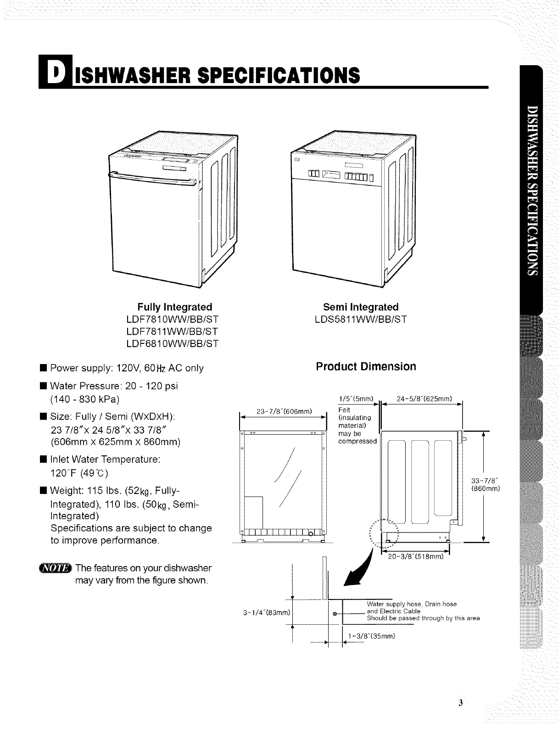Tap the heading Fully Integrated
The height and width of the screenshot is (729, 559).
pyautogui.click(x=175, y=307)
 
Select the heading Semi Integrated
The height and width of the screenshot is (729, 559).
pyautogui.click(x=361, y=307)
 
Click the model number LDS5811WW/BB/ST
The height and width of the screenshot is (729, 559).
pyautogui.click(x=361, y=319)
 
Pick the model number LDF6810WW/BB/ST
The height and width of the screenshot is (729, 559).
pyautogui.click(x=175, y=343)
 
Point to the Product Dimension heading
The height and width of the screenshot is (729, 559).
pyautogui.click(x=366, y=367)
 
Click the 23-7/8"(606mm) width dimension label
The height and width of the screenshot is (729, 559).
pyautogui.click(x=283, y=412)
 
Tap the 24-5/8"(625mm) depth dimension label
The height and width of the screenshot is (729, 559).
pyautogui.click(x=425, y=398)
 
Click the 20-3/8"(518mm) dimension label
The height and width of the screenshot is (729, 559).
pyautogui.click(x=415, y=557)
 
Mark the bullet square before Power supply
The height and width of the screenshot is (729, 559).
pyautogui.click(x=43, y=368)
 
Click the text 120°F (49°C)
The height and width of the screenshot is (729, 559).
pyautogui.click(x=79, y=472)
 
